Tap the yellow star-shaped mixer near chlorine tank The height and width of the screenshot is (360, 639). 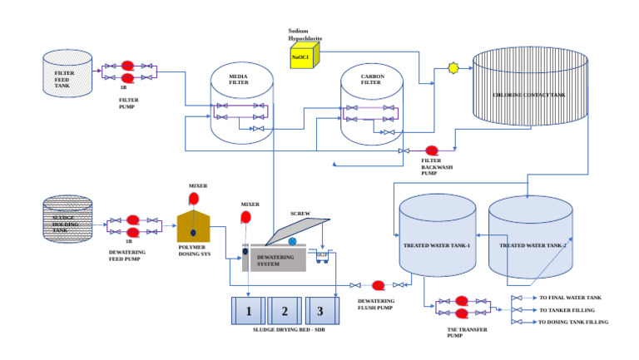(x=453, y=67)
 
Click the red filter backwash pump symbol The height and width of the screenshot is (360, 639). (x=432, y=150)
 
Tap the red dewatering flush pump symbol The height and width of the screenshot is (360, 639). (x=378, y=285)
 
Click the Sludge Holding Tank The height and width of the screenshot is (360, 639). (x=68, y=219)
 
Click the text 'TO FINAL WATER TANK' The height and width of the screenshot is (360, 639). (x=570, y=297)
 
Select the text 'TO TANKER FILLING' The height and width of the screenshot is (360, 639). (x=567, y=309)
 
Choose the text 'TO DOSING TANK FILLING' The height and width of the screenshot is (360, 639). (x=573, y=322)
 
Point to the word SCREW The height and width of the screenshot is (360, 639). (x=300, y=213)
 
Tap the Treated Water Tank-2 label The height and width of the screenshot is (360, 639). (x=532, y=246)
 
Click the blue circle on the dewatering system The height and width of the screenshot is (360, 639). (x=292, y=241)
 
